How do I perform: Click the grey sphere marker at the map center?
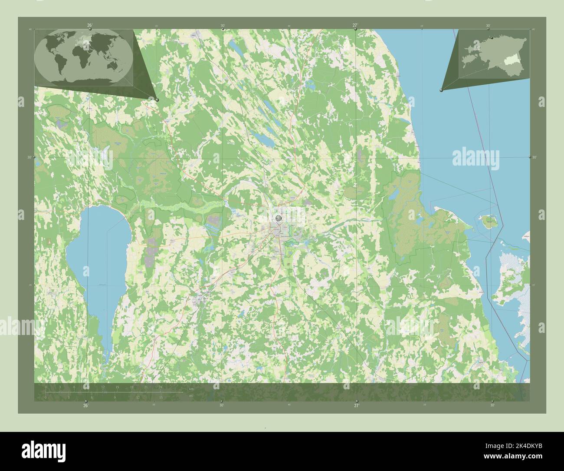278,218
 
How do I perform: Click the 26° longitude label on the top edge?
89,26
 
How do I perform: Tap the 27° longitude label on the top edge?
355,26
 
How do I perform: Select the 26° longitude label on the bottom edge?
86,405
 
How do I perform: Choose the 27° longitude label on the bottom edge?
356,405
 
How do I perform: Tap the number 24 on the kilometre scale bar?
160,387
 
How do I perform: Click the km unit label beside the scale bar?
191,388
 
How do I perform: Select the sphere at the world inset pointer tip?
157,100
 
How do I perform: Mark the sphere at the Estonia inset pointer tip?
441,90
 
